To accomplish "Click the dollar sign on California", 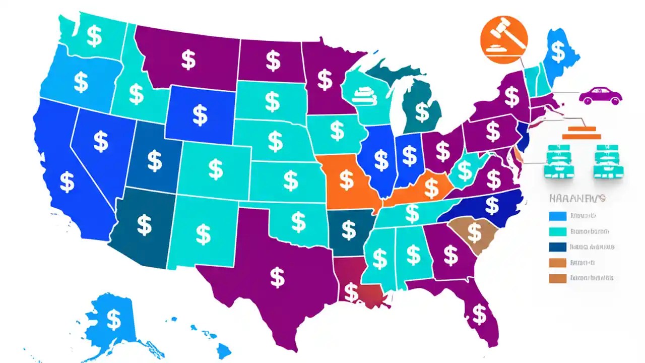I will pyautogui.click(x=67, y=182).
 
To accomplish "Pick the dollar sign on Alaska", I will pyautogui.click(x=114, y=319).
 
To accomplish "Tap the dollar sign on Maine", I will pyautogui.click(x=558, y=50).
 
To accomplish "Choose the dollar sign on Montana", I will pyautogui.click(x=188, y=60).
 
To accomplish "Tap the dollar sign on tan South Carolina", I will pyautogui.click(x=474, y=231).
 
